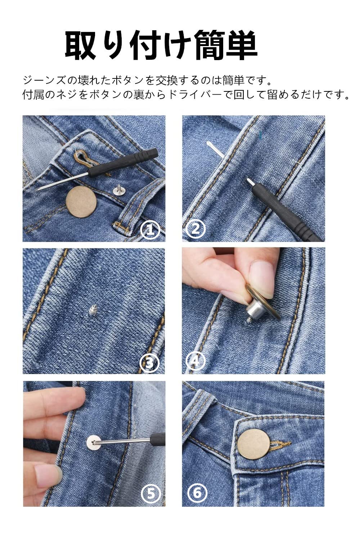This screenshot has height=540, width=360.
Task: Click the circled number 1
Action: (x=150, y=230)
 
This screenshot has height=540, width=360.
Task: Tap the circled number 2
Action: (x=195, y=229)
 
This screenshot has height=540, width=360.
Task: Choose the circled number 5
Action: (x=150, y=493)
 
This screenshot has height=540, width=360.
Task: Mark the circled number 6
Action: (x=197, y=492)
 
